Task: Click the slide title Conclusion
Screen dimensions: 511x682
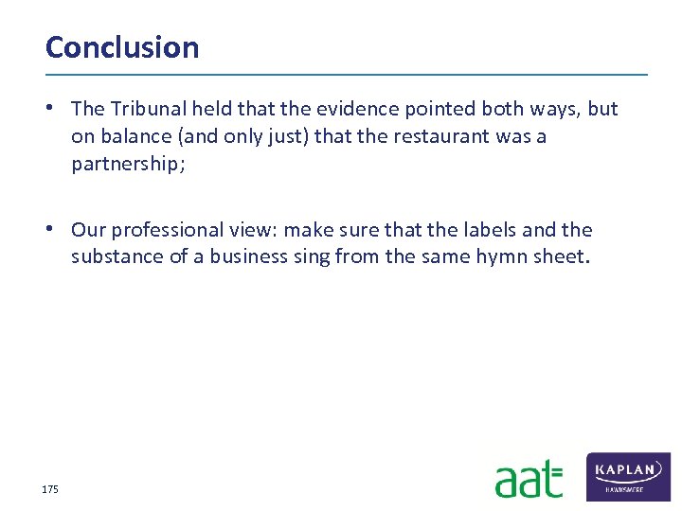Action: pos(122,47)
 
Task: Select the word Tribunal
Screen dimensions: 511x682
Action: pos(142,109)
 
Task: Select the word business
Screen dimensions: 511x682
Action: pos(244,256)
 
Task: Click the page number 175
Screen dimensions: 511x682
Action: pos(50,489)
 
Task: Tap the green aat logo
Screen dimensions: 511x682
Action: pos(529,479)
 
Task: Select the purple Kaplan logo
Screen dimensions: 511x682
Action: pos(629,476)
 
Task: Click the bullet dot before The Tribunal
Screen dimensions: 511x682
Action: pos(58,108)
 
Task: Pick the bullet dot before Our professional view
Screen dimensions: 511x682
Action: pos(58,229)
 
